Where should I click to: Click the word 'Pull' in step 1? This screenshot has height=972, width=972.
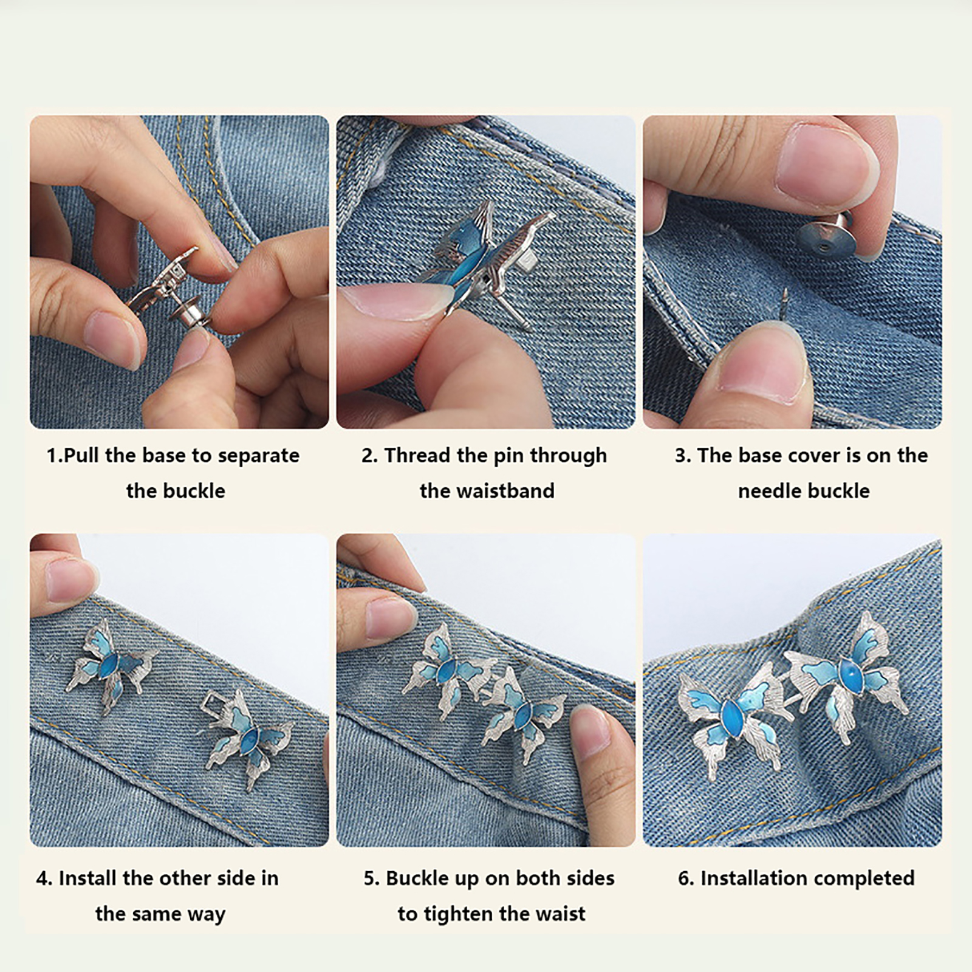pos(82,456)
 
